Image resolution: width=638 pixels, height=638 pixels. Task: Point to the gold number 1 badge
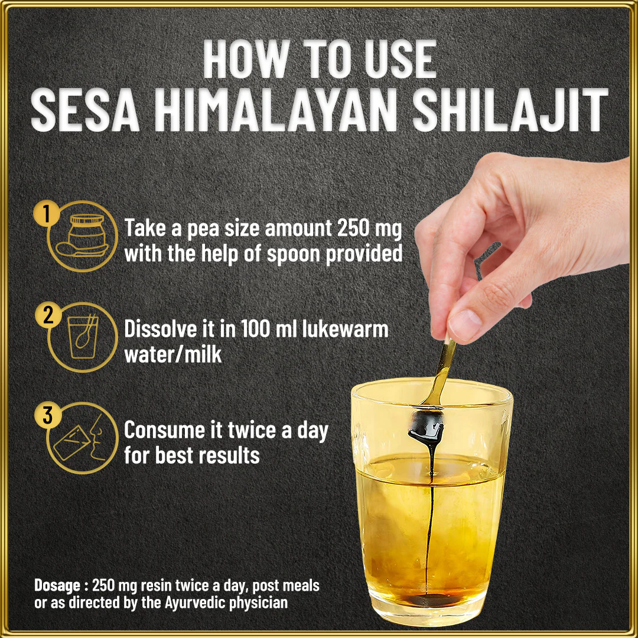point(47,214)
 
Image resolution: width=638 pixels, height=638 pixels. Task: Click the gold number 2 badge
point(48,314)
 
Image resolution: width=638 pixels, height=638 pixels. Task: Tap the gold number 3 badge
point(48,415)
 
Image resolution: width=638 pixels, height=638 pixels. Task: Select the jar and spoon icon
point(83,236)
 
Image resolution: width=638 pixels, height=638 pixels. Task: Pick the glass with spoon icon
point(83,337)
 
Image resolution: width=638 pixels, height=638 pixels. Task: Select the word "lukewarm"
point(345,329)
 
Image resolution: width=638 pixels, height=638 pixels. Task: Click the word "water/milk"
point(173,354)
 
